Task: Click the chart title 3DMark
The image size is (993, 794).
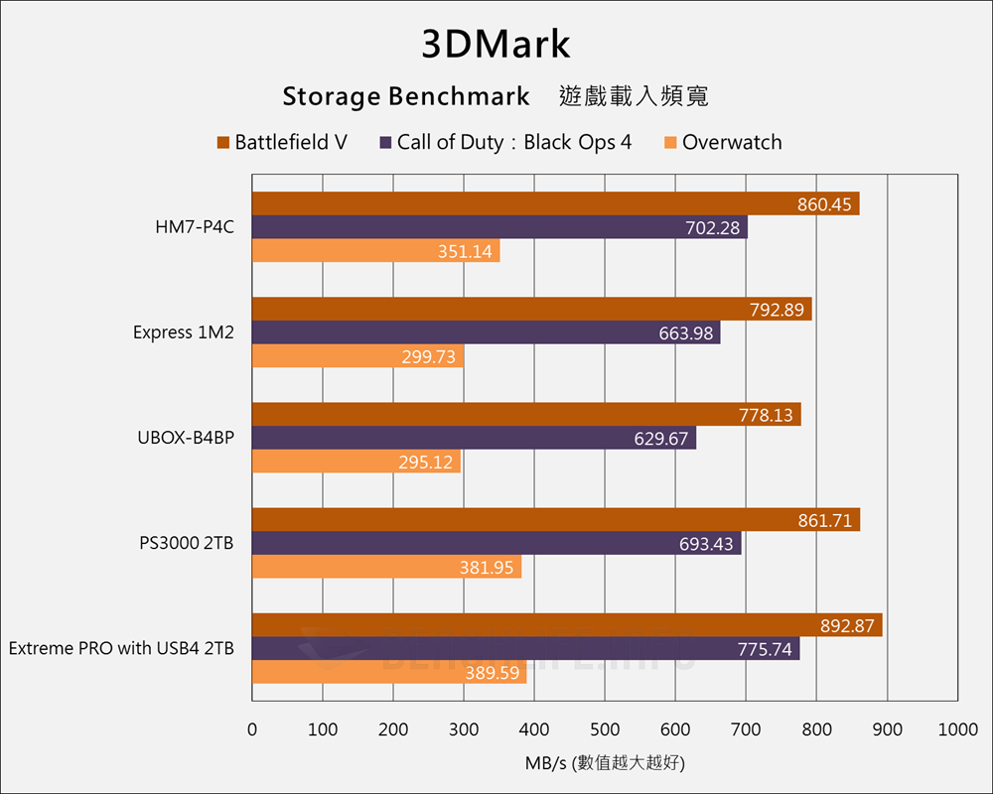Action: tap(496, 45)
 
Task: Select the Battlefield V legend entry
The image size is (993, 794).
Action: tap(282, 142)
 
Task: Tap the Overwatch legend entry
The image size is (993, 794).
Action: tap(722, 142)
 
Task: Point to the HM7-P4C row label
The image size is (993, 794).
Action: tap(195, 227)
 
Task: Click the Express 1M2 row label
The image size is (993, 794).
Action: tap(184, 332)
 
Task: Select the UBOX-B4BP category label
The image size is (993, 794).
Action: tap(186, 438)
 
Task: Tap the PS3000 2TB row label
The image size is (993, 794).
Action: tap(187, 543)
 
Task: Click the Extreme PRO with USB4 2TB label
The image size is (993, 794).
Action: tap(121, 648)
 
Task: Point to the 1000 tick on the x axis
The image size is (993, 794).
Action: tap(957, 730)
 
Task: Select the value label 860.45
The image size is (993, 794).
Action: tap(824, 204)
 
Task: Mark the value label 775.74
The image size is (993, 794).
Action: tap(765, 649)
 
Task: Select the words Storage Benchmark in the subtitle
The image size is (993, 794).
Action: tap(405, 96)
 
